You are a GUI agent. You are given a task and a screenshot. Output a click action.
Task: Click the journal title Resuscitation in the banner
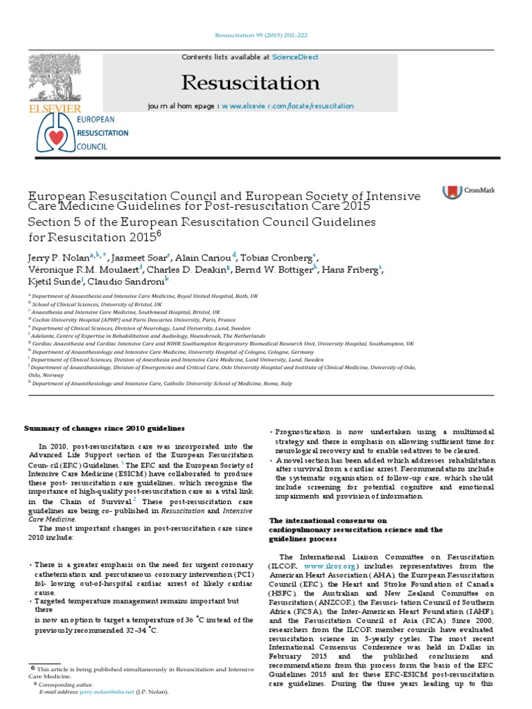click(x=250, y=83)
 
